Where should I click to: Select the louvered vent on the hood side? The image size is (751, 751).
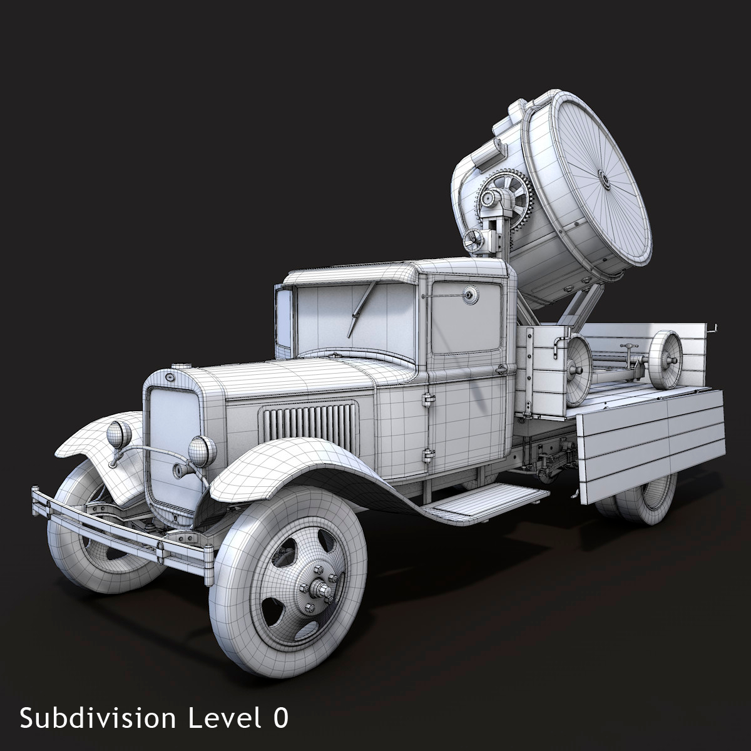(x=309, y=420)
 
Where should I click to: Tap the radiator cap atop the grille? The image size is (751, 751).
(x=181, y=366)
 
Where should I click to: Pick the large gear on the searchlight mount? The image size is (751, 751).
(x=506, y=199)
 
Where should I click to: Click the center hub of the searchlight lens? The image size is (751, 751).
(x=604, y=179)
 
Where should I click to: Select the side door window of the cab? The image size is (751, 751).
(x=466, y=317)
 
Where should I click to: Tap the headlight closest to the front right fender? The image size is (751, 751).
(x=202, y=451)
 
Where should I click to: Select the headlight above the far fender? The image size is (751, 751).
(x=118, y=434)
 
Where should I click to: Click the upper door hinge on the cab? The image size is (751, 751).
(x=429, y=399)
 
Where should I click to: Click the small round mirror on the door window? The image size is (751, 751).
(x=469, y=295)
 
